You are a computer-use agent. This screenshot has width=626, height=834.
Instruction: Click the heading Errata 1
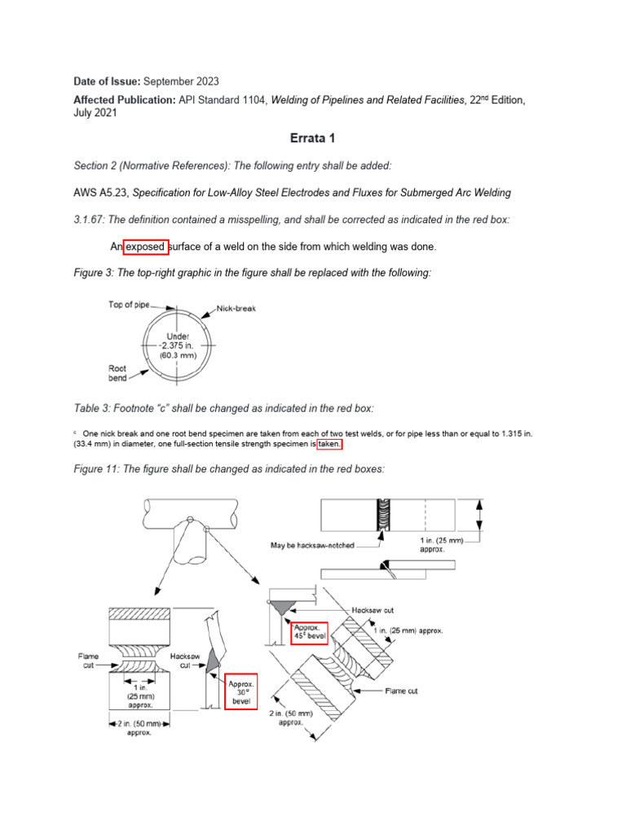314,138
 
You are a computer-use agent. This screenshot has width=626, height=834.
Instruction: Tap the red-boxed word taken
330,445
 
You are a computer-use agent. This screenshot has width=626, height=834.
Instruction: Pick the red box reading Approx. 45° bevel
309,631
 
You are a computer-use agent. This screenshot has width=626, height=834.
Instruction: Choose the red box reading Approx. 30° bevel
241,690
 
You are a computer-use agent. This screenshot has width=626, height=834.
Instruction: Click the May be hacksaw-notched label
312,546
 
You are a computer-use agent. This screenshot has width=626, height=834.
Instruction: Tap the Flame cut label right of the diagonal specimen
401,691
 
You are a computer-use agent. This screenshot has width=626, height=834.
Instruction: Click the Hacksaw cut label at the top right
373,609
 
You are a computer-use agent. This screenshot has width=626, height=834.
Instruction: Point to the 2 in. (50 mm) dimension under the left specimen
139,723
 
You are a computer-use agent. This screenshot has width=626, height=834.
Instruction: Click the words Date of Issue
99,81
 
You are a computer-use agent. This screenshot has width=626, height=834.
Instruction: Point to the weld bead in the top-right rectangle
381,516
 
